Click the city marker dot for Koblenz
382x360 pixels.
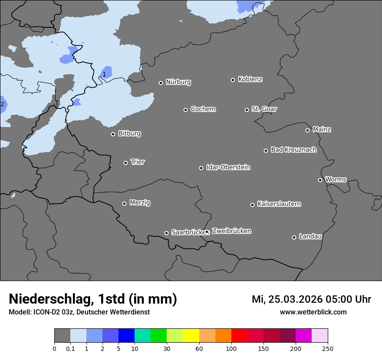(x=233, y=80)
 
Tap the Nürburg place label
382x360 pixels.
(x=178, y=82)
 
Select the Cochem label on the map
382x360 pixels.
(x=203, y=109)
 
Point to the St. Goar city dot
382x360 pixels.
(x=247, y=110)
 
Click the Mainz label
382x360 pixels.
(x=322, y=129)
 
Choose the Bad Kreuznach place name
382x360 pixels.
(x=293, y=150)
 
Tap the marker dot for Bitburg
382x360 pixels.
(x=113, y=134)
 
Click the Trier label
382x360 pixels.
(x=138, y=162)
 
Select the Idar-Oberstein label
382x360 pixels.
(x=228, y=167)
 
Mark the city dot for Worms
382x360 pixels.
(x=320, y=180)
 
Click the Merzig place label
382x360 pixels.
(x=140, y=203)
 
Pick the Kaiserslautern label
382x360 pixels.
(x=279, y=204)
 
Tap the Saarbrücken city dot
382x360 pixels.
(x=166, y=233)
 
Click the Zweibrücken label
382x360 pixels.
(x=231, y=231)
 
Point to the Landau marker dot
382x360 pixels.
(x=294, y=237)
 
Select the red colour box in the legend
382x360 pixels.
(x=239, y=336)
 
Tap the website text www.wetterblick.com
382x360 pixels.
(x=313, y=312)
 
